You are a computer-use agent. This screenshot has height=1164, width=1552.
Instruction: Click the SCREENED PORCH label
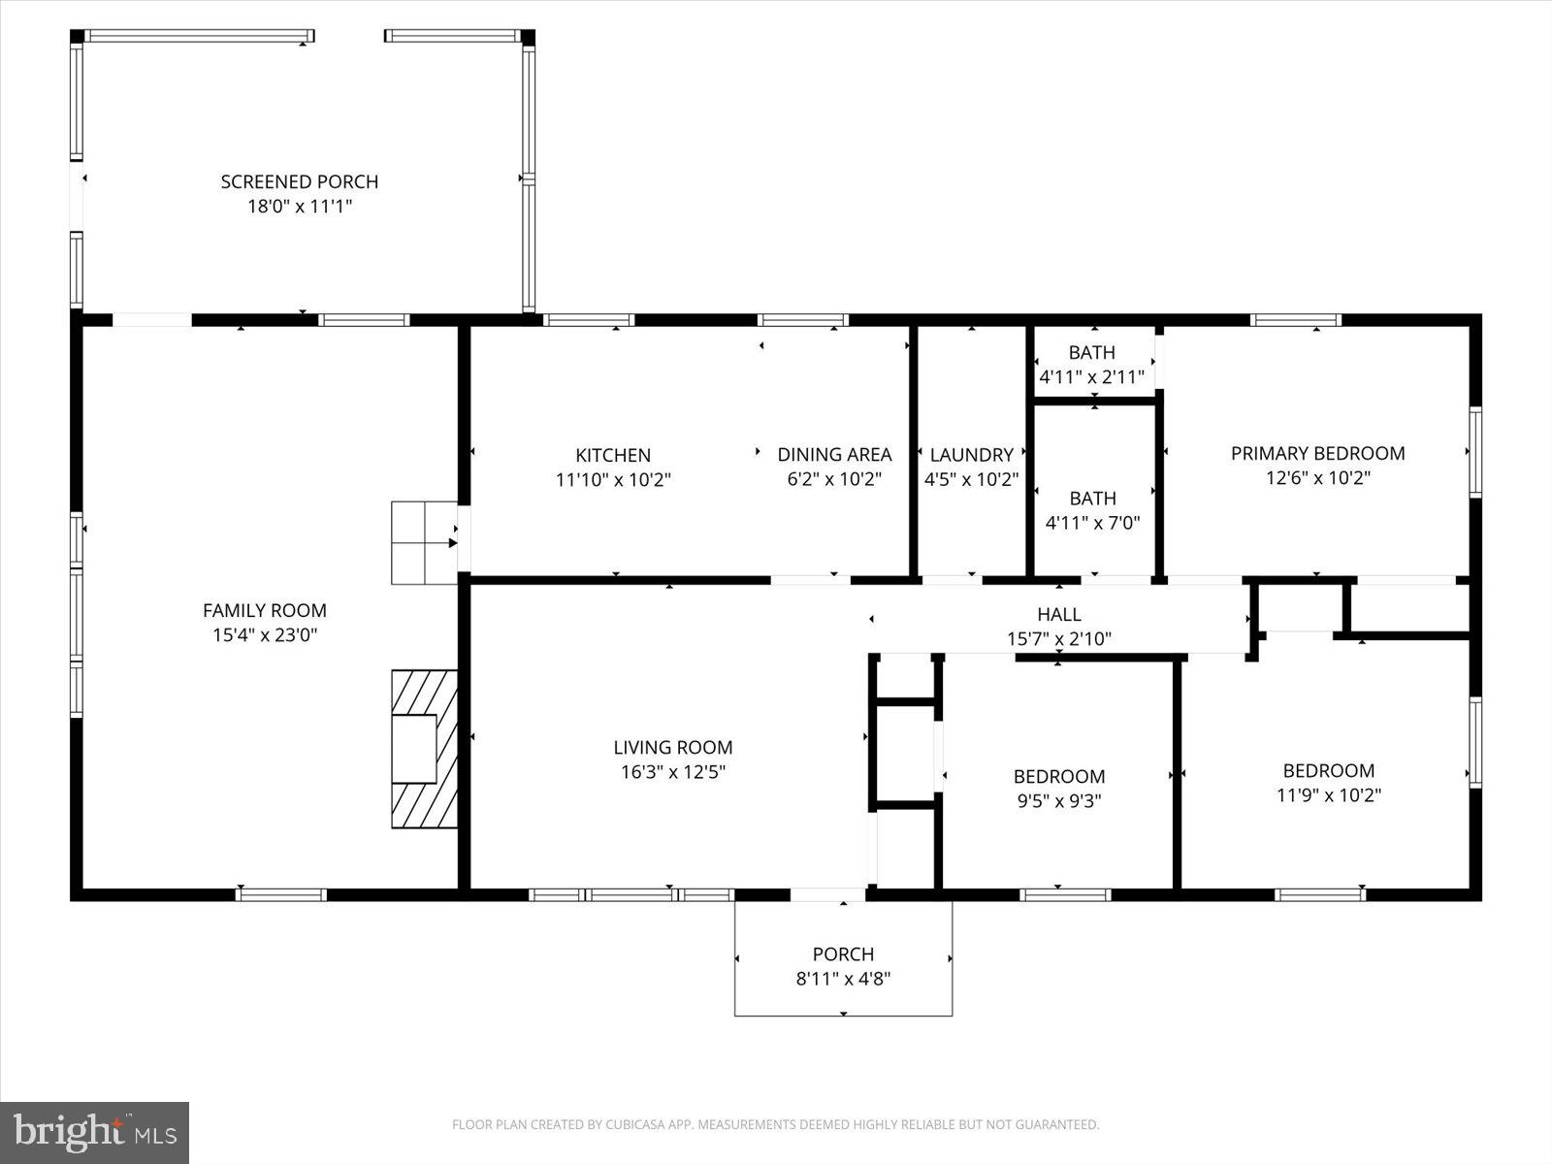[299, 181]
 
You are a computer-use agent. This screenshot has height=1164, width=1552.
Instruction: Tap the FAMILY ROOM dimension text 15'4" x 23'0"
[265, 635]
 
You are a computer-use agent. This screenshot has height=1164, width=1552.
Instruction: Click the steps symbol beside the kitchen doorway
[424, 542]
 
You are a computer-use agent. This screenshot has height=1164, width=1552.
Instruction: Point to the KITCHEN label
[613, 455]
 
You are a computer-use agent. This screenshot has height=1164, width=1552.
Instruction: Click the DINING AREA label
[834, 454]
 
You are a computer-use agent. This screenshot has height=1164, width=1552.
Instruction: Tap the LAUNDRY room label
[971, 454]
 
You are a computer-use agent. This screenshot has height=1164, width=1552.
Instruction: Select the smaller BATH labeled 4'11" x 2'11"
[1092, 364]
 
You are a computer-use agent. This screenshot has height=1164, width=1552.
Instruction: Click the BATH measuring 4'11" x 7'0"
[1092, 510]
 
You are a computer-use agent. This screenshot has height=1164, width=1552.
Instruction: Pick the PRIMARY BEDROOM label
[1317, 453]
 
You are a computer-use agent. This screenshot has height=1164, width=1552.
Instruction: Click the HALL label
[1058, 614]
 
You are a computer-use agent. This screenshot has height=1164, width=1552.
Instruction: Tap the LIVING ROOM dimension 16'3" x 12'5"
[673, 772]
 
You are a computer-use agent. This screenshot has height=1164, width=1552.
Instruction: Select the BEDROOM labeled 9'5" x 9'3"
[1058, 788]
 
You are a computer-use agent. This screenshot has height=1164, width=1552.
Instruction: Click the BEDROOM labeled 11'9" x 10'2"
[1328, 782]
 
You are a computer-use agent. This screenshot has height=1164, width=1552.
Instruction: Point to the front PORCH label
[843, 954]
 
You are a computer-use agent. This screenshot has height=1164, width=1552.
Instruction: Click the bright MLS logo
[94, 1132]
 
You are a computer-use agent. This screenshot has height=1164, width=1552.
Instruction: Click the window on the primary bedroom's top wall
[1295, 320]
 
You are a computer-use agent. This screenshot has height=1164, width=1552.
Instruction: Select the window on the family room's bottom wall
[281, 894]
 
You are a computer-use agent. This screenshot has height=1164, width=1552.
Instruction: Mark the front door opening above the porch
[827, 894]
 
